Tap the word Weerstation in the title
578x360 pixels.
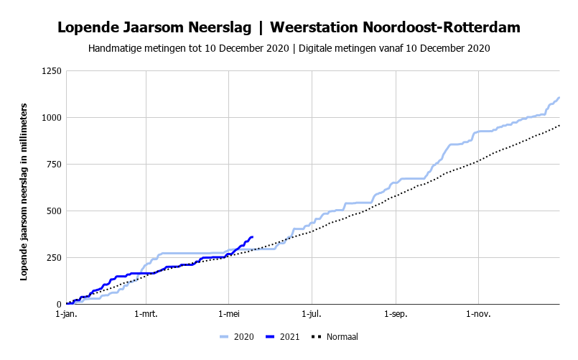(x=314, y=27)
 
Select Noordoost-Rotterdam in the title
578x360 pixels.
(x=442, y=27)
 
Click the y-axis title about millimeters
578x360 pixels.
(x=24, y=192)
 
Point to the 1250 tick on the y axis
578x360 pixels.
(x=52, y=71)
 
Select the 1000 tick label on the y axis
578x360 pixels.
(x=52, y=118)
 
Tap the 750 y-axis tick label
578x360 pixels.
(x=54, y=165)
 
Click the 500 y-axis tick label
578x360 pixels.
(x=54, y=211)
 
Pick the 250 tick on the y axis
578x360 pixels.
(x=54, y=258)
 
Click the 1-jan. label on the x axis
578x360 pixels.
(x=67, y=314)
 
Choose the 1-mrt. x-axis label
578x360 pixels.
(x=146, y=314)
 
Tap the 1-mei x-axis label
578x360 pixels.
(x=229, y=314)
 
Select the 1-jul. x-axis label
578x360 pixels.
(x=312, y=314)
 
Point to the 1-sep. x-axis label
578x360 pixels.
(x=396, y=314)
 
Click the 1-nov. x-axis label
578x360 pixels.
(x=478, y=314)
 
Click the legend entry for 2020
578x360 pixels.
(x=237, y=337)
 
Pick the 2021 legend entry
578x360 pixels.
(x=282, y=337)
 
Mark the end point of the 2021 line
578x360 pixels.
(x=253, y=237)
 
